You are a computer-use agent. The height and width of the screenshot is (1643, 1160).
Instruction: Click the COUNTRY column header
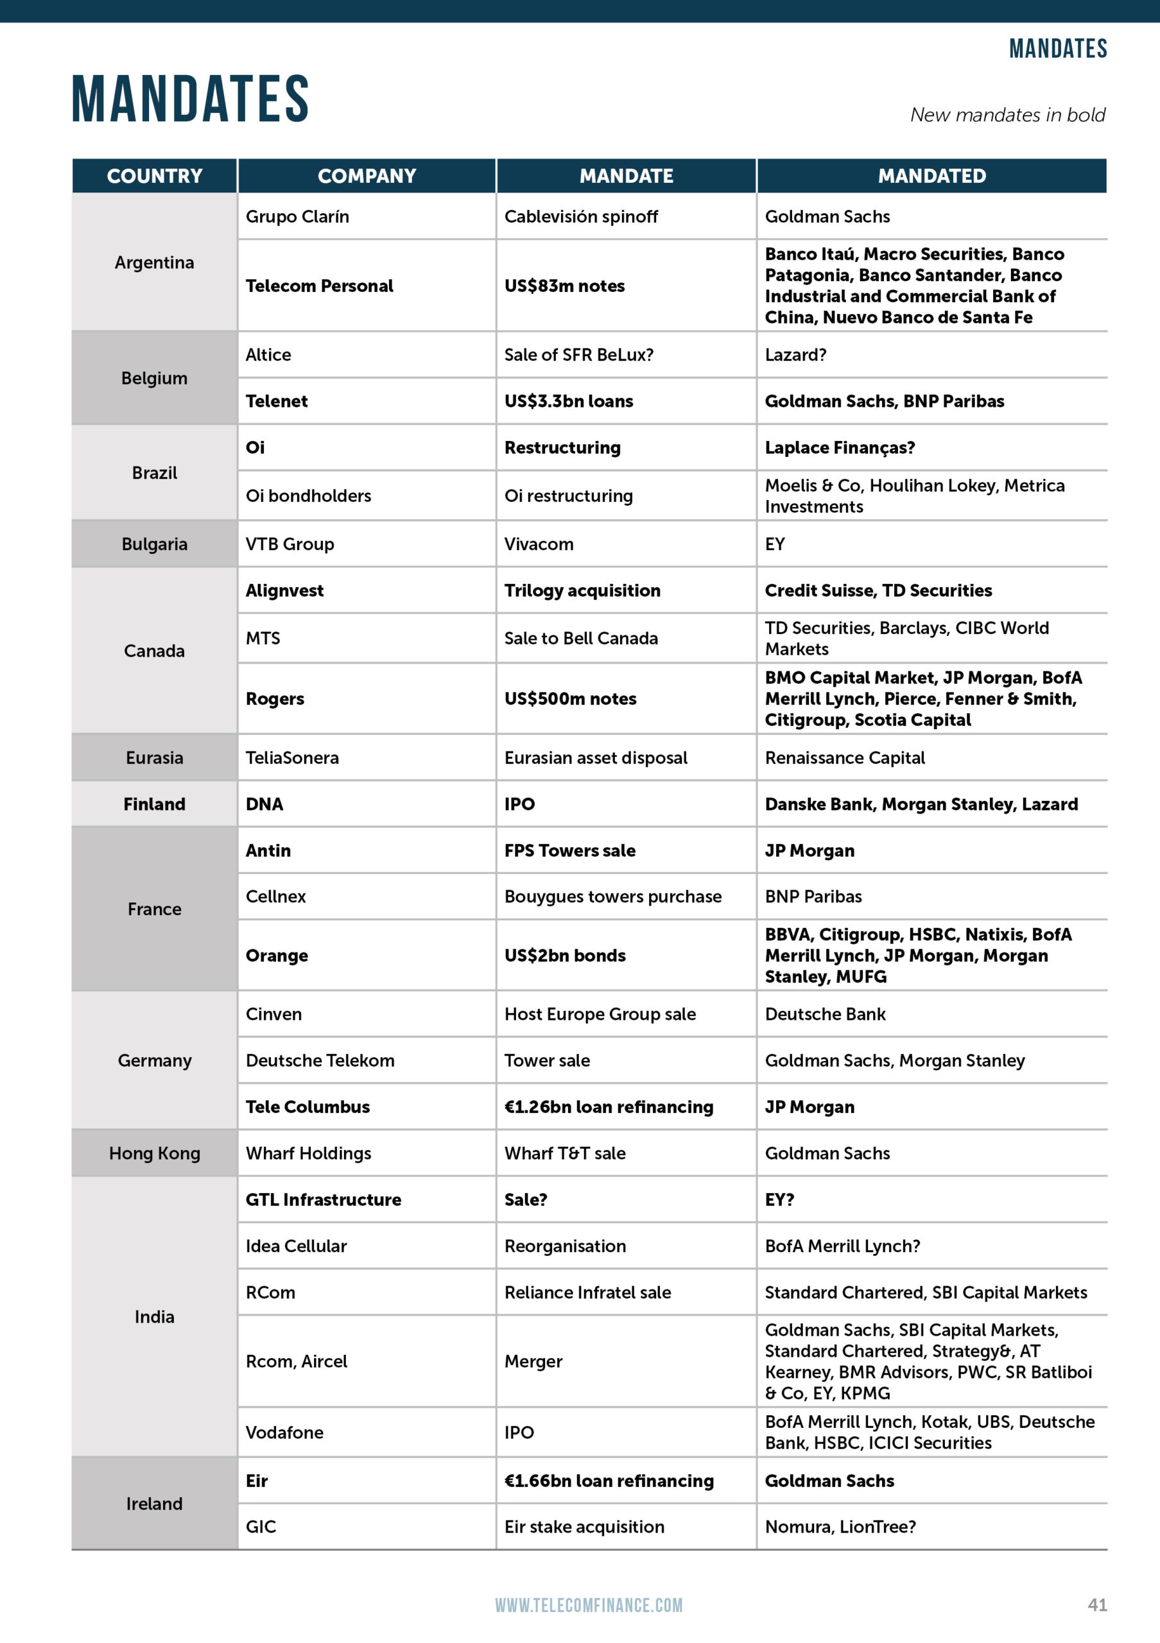(154, 176)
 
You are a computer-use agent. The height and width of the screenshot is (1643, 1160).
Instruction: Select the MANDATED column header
(931, 176)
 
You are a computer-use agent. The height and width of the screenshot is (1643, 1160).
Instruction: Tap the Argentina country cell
(154, 262)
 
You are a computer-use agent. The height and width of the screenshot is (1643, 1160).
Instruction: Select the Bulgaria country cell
(154, 544)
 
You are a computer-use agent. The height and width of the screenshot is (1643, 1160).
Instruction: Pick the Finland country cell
(154, 804)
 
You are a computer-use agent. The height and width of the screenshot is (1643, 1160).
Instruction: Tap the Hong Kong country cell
(154, 1153)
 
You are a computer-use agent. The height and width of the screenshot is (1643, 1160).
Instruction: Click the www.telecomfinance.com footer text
(588, 1605)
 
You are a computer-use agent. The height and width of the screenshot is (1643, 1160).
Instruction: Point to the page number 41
(1097, 1604)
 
